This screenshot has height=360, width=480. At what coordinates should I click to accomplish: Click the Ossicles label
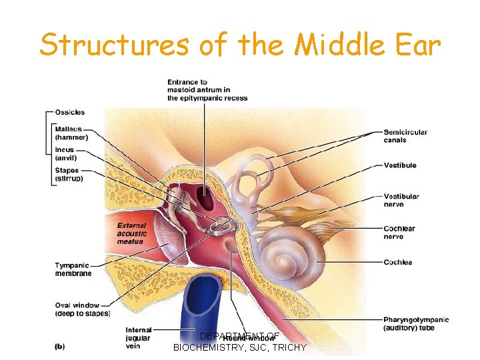(x=70, y=112)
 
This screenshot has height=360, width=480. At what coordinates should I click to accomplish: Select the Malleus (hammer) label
(x=69, y=133)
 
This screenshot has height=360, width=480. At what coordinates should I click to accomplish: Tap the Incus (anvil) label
(x=66, y=154)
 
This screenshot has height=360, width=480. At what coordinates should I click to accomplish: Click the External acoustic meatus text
(x=131, y=233)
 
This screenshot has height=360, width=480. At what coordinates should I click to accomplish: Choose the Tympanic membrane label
(x=73, y=269)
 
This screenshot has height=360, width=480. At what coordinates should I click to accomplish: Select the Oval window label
(x=82, y=309)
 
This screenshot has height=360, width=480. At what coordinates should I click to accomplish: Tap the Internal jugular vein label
(x=139, y=337)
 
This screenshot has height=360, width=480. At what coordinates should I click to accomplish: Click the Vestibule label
(x=400, y=165)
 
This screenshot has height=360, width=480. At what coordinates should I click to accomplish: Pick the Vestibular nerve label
(x=401, y=200)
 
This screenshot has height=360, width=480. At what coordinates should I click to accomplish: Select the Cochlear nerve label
(x=399, y=232)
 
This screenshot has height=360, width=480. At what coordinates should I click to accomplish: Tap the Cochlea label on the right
(x=398, y=262)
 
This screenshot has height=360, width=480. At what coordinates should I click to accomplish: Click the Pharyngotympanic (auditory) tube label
(x=416, y=323)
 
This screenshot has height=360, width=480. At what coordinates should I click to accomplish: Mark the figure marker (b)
(x=60, y=345)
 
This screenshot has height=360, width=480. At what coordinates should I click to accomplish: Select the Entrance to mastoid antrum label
(x=207, y=90)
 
